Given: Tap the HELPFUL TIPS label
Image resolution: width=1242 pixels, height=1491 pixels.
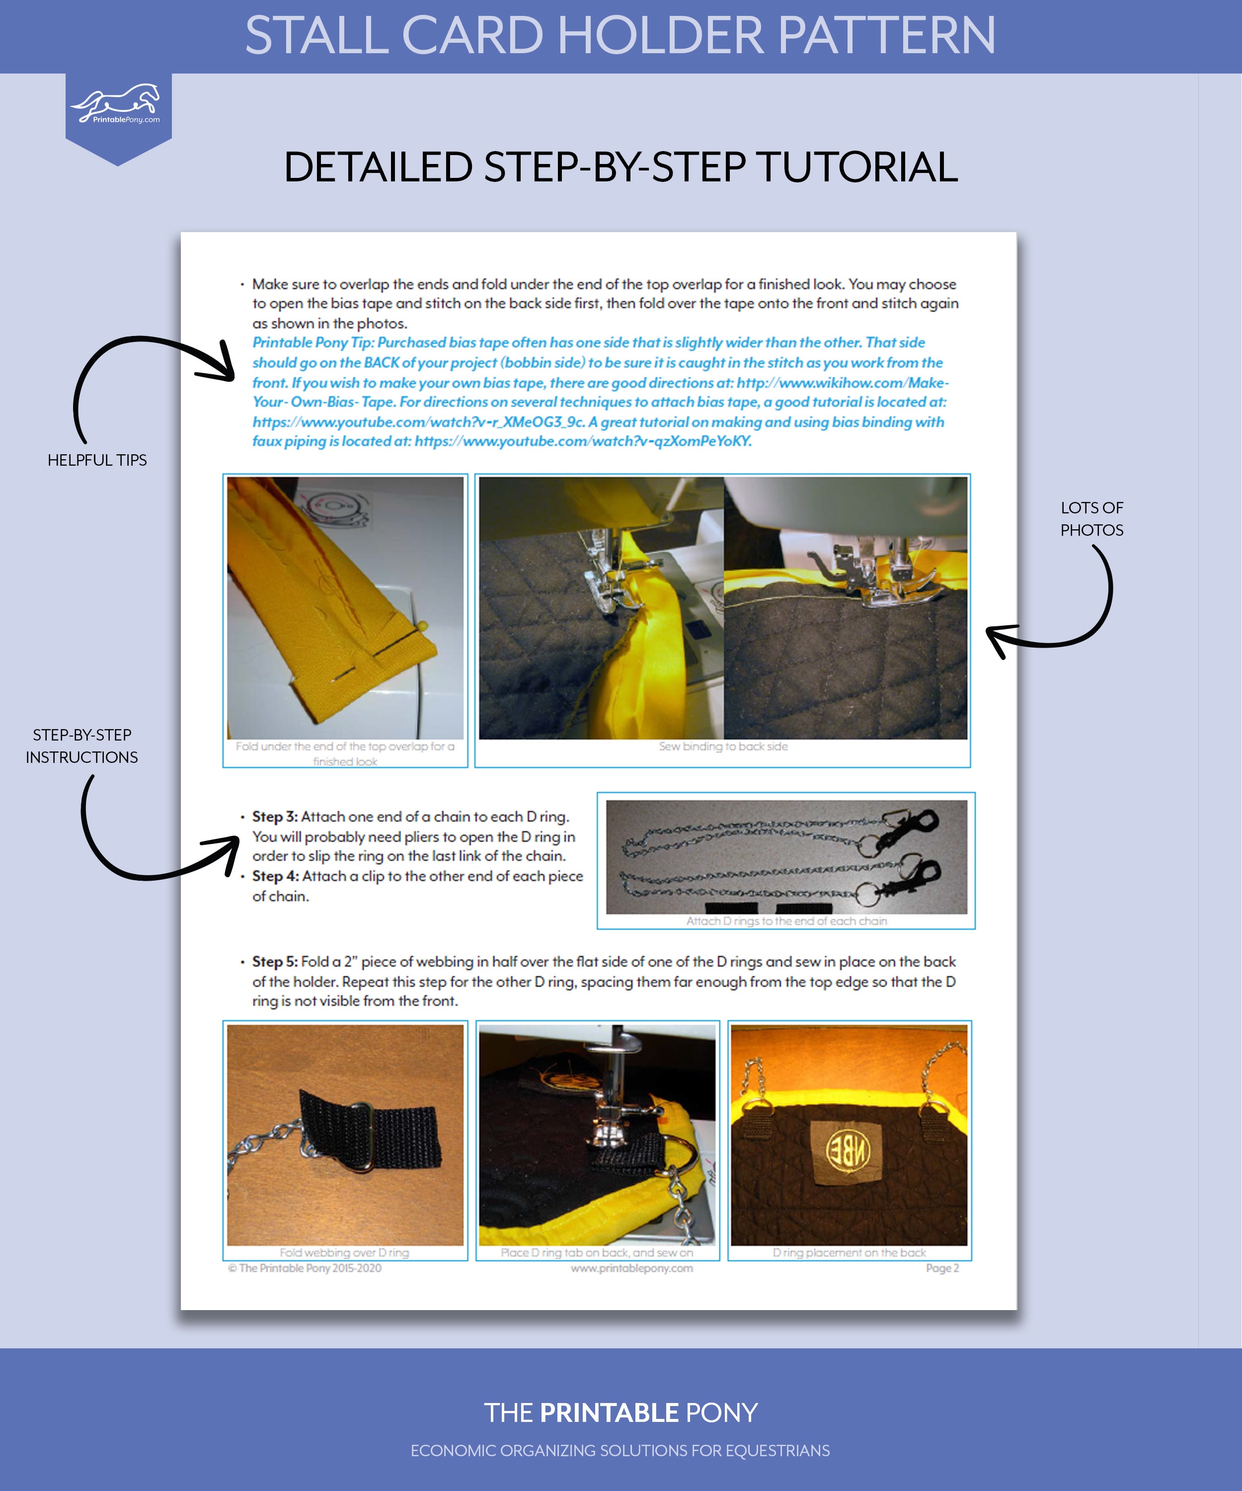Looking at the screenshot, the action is [97, 460].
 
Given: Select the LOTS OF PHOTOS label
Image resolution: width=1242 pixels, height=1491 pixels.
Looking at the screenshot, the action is [1091, 519].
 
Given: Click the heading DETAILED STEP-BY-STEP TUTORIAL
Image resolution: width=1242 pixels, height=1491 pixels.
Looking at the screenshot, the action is [621, 167].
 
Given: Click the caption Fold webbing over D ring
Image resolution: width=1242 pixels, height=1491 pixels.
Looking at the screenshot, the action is [344, 1253].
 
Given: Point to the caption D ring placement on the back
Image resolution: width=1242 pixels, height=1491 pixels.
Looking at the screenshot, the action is [850, 1253].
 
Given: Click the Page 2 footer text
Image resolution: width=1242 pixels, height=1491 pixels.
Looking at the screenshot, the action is [942, 1268].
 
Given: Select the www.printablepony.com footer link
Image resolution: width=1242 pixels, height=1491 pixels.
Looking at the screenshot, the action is [631, 1268].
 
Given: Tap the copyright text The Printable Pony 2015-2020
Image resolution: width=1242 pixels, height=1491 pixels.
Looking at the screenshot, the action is [305, 1268].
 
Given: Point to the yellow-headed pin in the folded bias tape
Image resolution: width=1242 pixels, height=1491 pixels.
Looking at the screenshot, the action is [423, 627].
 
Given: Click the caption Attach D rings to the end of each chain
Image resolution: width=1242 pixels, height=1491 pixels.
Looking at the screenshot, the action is [786, 921].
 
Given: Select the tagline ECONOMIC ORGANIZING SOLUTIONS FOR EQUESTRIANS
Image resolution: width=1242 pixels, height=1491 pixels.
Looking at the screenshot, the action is [621, 1451].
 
